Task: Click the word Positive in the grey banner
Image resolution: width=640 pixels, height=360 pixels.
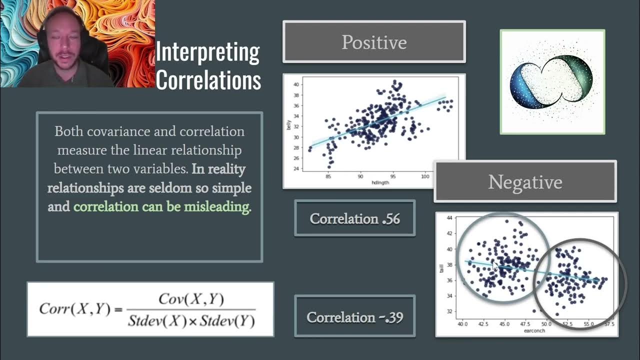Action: click(374, 42)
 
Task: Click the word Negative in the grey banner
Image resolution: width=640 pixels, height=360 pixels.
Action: click(525, 182)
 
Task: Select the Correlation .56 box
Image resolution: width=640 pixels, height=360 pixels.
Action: click(354, 218)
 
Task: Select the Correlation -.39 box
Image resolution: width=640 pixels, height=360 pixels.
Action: click(354, 317)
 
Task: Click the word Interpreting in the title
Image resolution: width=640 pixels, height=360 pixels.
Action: click(207, 52)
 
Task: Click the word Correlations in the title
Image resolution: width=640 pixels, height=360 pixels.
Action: click(208, 80)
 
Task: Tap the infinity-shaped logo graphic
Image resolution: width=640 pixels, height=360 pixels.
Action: click(552, 82)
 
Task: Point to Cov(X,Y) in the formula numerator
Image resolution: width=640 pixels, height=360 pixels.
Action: click(191, 299)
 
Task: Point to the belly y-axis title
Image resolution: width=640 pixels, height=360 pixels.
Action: click(288, 125)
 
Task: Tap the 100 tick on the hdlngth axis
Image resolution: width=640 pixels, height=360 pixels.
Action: click(425, 176)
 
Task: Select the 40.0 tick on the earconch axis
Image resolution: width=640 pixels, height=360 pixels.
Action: click(462, 324)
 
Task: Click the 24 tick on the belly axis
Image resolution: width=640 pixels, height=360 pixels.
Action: click(296, 168)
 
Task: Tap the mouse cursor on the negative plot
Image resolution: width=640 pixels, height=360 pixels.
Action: click(495, 265)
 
